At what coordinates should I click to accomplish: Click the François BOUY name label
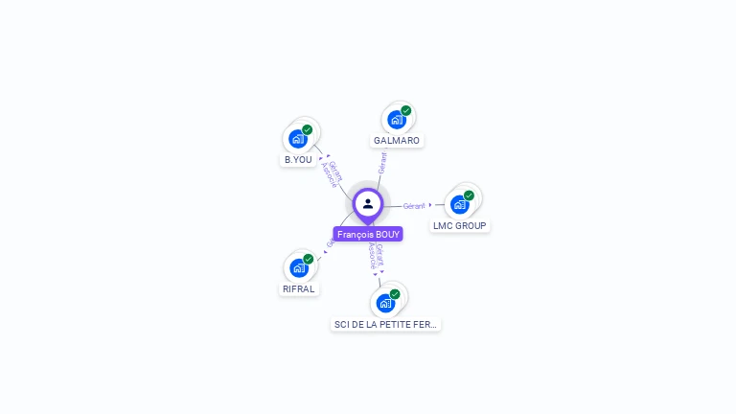[368, 234]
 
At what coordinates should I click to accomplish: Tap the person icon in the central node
[368, 203]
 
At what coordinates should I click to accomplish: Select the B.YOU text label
[298, 159]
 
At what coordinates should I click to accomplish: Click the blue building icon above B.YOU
[298, 139]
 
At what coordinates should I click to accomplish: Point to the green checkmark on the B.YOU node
[308, 129]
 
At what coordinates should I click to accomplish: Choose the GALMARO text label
[397, 140]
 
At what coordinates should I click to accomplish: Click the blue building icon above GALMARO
[397, 120]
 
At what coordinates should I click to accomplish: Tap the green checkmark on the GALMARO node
[406, 110]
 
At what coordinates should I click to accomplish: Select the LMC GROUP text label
[459, 225]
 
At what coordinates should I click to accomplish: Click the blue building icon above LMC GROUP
[460, 204]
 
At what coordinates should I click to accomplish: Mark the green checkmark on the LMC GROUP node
[469, 195]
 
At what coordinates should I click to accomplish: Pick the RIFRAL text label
[299, 288]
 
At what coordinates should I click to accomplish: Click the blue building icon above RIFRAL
[299, 268]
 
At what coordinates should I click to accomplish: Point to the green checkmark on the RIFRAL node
[309, 259]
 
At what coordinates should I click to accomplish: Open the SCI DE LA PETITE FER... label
[385, 324]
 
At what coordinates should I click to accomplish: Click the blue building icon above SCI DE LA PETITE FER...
[385, 304]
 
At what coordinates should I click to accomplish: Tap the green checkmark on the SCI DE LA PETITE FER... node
[395, 294]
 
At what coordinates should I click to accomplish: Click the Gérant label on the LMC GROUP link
[414, 205]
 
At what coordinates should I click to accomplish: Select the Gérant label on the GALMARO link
[382, 162]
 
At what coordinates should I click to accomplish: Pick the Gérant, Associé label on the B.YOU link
[332, 172]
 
